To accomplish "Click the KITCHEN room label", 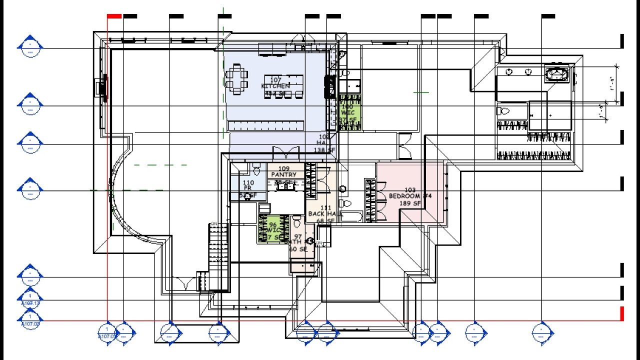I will (275, 86).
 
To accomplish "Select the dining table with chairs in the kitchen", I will (236, 79).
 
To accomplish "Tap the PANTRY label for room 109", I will (283, 174).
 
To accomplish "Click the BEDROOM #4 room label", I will (410, 196).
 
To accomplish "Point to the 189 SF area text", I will (409, 203).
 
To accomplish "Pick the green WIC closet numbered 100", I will (348, 113).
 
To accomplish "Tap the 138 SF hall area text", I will (323, 150).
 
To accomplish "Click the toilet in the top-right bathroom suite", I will (503, 111).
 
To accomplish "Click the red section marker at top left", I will (114, 16).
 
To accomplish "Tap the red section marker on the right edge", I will (622, 313).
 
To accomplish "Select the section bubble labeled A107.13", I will (30, 298).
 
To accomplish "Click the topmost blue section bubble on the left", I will (30, 46).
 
